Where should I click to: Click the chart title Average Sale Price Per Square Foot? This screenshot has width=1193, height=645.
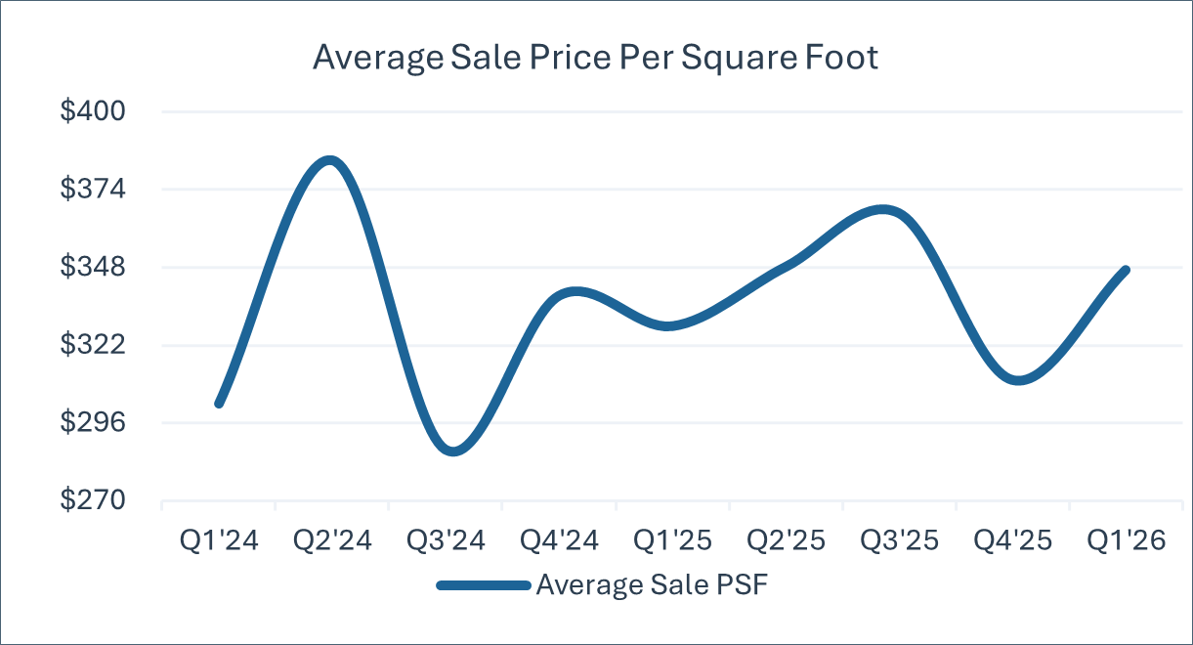coord(595,57)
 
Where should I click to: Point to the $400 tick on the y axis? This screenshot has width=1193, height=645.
coord(93,110)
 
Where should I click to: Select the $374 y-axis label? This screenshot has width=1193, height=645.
coord(93,189)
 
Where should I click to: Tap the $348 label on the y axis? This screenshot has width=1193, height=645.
coord(93,267)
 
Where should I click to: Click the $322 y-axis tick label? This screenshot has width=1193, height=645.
coord(93,344)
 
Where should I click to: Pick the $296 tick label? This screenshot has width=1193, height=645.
coord(93,422)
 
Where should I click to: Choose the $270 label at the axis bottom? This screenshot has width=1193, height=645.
coord(93,499)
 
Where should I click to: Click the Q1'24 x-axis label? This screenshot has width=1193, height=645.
coord(219,540)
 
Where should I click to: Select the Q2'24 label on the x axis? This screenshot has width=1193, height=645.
coord(332,540)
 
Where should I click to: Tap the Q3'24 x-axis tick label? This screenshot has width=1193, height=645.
coord(446,540)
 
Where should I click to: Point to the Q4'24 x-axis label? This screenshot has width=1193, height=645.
coord(559,540)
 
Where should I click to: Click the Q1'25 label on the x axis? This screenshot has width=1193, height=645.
coord(672,540)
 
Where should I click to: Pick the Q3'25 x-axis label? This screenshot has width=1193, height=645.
coord(899,540)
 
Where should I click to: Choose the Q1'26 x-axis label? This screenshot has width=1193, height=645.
coord(1126,540)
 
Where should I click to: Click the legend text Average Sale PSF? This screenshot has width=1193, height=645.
coord(652,584)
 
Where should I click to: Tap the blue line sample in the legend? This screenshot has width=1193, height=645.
coord(484,586)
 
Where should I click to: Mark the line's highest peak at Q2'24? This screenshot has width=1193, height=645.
coord(330,160)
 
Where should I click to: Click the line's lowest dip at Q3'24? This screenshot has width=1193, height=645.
coord(452,451)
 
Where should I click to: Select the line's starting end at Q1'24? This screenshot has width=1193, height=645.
coord(219,404)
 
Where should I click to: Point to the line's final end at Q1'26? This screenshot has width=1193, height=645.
coord(1126,270)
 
